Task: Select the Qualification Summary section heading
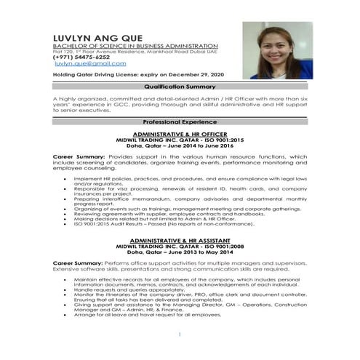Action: coord(180,87)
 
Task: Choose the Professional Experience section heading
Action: coord(180,121)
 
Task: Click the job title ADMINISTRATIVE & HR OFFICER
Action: coord(180,135)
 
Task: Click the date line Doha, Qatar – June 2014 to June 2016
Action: coord(180,145)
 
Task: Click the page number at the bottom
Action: coord(180,335)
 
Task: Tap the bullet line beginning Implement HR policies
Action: coord(189,177)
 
